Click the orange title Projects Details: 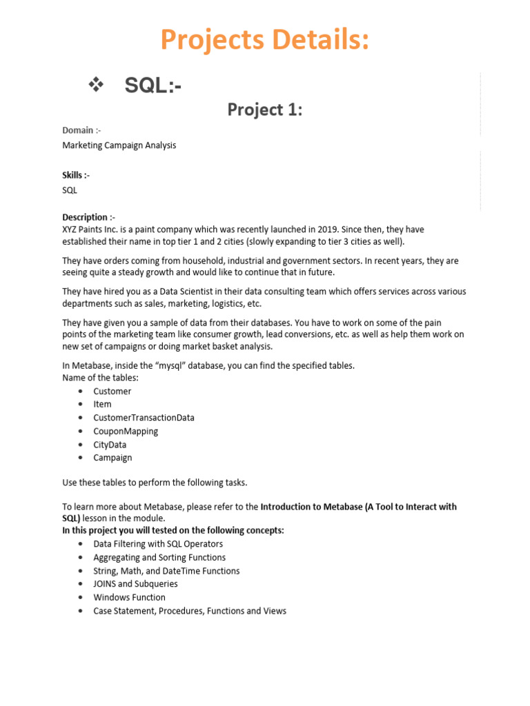pyautogui.click(x=265, y=40)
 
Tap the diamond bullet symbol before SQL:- pyautogui.click(x=96, y=85)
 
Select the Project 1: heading pyautogui.click(x=265, y=110)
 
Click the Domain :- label pyautogui.click(x=82, y=130)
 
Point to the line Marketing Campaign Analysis pyautogui.click(x=119, y=145)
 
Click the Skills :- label pyautogui.click(x=76, y=176)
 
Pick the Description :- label pyautogui.click(x=89, y=216)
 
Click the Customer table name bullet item pyautogui.click(x=112, y=391)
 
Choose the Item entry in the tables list pyautogui.click(x=102, y=404)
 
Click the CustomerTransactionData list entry pyautogui.click(x=144, y=418)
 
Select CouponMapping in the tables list pyautogui.click(x=126, y=431)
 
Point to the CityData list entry pyautogui.click(x=110, y=445)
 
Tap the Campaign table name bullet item pyautogui.click(x=112, y=458)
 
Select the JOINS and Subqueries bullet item pyautogui.click(x=135, y=584)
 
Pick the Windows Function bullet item pyautogui.click(x=129, y=597)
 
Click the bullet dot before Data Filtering pyautogui.click(x=81, y=544)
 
